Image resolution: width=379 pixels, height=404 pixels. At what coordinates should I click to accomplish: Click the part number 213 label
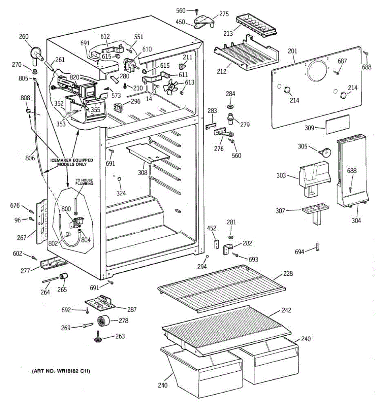coord(228,33)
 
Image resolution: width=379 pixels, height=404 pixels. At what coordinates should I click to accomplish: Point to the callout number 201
coord(292,51)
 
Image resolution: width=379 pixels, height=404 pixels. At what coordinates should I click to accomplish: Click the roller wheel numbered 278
coord(104,321)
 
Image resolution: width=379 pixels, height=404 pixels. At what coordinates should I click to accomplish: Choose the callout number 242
coord(286,310)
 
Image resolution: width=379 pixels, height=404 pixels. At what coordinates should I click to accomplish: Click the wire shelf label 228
coord(288,273)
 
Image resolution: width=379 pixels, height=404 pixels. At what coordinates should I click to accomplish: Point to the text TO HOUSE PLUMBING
coord(84,182)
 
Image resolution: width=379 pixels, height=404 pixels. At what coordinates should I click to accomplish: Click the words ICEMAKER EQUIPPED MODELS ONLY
coord(72,162)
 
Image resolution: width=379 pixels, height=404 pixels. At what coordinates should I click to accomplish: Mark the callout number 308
coord(143,173)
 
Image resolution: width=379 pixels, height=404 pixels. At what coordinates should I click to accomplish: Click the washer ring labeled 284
coord(230,106)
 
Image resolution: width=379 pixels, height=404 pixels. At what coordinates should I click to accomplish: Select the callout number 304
coord(356,221)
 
